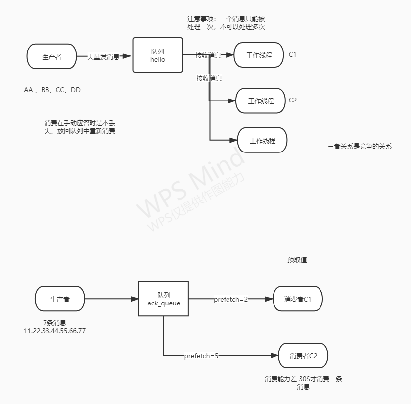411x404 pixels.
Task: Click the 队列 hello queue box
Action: coord(157,55)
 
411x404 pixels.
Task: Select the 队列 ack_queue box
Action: coord(163,299)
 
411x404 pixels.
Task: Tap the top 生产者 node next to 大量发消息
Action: coord(52,56)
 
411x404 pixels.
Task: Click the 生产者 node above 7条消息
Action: coord(60,299)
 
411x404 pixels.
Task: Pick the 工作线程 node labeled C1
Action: coord(259,55)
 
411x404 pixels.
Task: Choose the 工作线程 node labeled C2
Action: coord(261,101)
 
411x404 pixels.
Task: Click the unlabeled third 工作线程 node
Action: coord(262,140)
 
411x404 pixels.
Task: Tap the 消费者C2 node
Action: coord(303,355)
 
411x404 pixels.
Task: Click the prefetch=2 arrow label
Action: coord(230,300)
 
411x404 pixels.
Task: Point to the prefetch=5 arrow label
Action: coord(201,356)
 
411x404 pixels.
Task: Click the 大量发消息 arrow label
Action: coord(103,57)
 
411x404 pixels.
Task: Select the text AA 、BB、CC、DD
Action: coord(52,90)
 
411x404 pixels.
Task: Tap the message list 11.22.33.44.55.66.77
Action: coord(54,331)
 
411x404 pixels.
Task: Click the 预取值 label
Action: coord(297,260)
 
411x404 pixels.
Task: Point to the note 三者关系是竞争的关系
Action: coord(360,146)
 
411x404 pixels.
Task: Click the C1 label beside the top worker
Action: coord(293,54)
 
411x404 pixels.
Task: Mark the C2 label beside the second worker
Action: coord(293,100)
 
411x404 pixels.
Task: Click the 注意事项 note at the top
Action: coord(226,23)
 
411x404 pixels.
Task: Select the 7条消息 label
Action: coord(54,323)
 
